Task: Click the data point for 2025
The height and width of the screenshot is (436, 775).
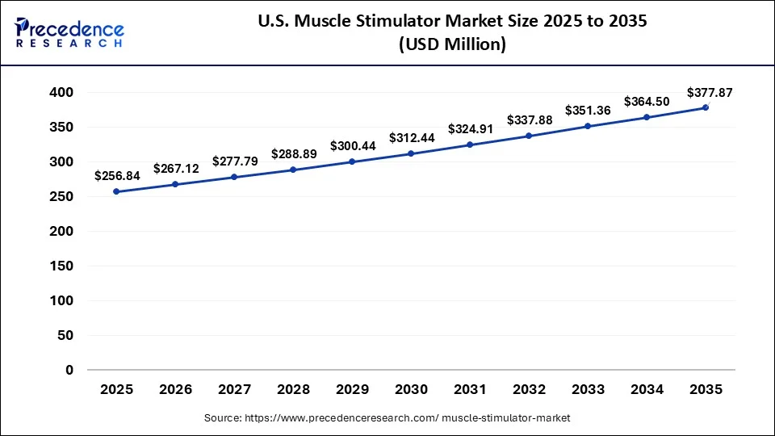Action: [x=116, y=191]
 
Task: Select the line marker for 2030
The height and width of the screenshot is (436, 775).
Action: [x=411, y=153]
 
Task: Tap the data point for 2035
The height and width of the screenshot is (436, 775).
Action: [x=706, y=107]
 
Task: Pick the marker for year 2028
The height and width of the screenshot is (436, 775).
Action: [x=293, y=170]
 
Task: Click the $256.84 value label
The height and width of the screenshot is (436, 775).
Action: [x=116, y=175]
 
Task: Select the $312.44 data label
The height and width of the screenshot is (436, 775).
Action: [x=412, y=138]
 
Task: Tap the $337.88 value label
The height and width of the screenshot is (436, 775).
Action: [x=530, y=120]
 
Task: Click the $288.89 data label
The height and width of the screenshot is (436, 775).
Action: [x=294, y=153]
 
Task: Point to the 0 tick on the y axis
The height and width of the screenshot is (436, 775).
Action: [x=69, y=370]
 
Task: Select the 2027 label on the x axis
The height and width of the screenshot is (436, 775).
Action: [x=234, y=389]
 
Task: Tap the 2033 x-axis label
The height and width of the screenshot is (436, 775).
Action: [x=588, y=389]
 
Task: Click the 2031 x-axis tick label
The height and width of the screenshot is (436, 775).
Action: [x=470, y=389]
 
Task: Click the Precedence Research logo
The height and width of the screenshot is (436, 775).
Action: [x=69, y=33]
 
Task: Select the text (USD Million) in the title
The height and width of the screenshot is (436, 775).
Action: [x=452, y=45]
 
